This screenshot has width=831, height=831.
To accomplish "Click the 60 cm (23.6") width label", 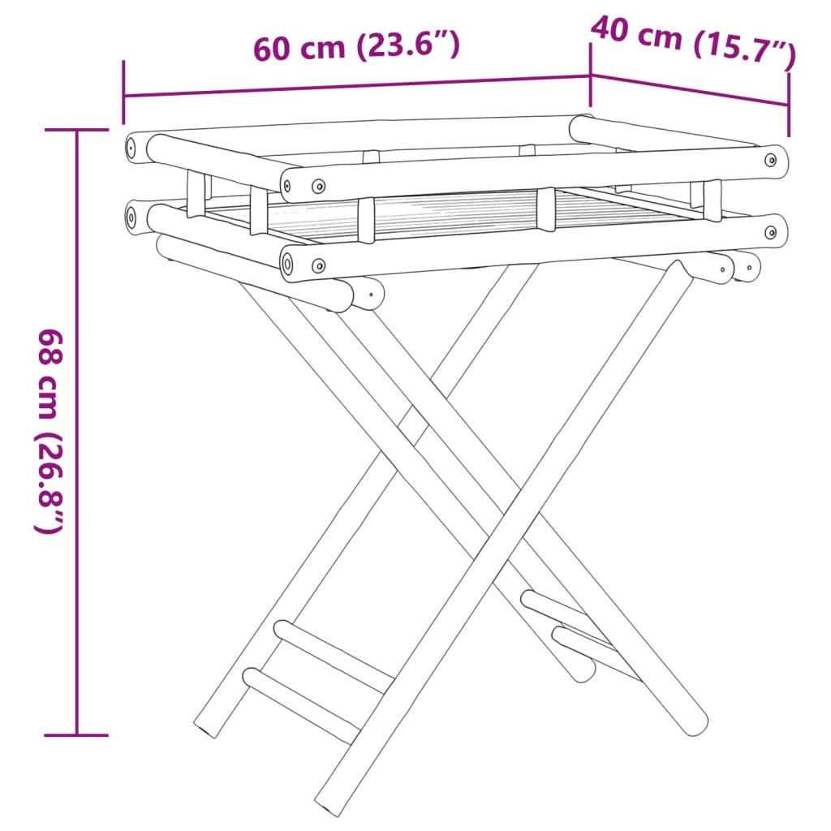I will pos(357,47).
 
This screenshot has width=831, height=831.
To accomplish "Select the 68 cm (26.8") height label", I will pos(49,430).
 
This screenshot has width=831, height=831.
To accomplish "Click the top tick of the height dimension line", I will pos(77,130).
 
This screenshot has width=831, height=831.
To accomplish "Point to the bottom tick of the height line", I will pos(77,735).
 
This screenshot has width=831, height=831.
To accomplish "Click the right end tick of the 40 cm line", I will pos(788,104).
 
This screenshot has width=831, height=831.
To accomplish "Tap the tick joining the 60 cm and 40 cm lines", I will pos(590,75).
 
